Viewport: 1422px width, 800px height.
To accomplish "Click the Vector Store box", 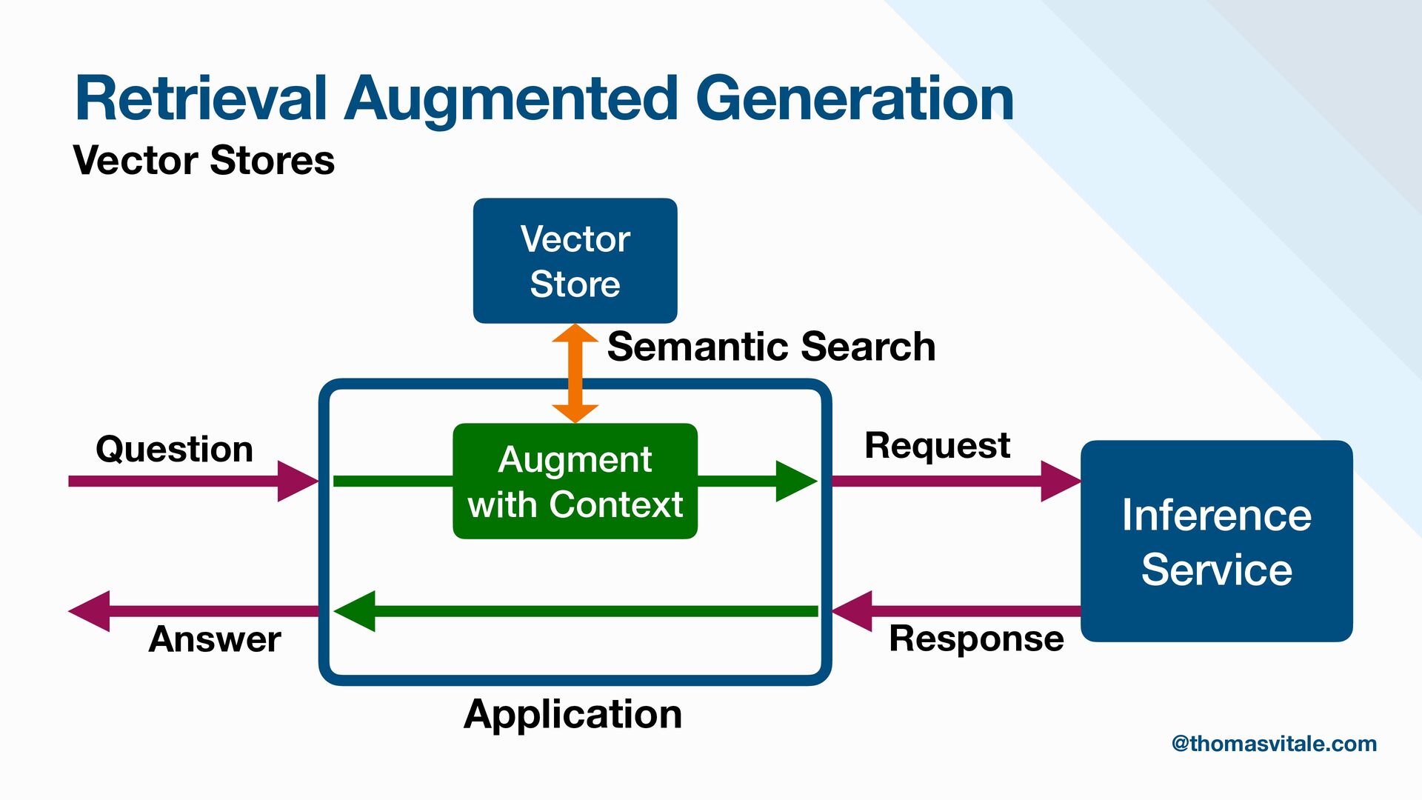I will tap(575, 261).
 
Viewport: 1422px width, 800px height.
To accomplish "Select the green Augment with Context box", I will tap(575, 481).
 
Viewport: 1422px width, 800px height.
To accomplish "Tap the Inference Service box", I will tap(1216, 541).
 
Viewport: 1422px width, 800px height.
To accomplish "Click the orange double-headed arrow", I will tap(575, 373).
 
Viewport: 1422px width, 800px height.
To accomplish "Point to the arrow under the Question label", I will tap(193, 481).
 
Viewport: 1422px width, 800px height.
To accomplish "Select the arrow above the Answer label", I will tap(193, 611).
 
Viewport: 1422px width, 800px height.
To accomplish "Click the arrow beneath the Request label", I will tap(955, 481).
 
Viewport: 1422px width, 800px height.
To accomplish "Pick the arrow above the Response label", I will tap(955, 611).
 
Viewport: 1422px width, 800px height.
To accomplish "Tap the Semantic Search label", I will tap(771, 347).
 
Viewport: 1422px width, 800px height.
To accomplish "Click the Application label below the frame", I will tap(573, 714).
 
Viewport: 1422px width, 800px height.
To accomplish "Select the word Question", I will tap(175, 449).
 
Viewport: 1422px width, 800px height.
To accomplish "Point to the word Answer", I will tap(215, 639).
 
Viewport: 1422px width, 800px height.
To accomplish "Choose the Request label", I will tap(937, 445).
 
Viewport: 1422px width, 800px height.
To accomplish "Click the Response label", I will tap(976, 639).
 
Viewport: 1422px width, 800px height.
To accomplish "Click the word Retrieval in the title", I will tap(201, 99).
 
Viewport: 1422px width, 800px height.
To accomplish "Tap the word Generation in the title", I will tap(855, 99).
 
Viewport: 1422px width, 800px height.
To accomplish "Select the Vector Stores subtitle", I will tap(204, 160).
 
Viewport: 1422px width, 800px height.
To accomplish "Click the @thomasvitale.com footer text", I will tap(1274, 744).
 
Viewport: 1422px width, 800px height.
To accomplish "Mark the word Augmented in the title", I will tap(511, 99).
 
